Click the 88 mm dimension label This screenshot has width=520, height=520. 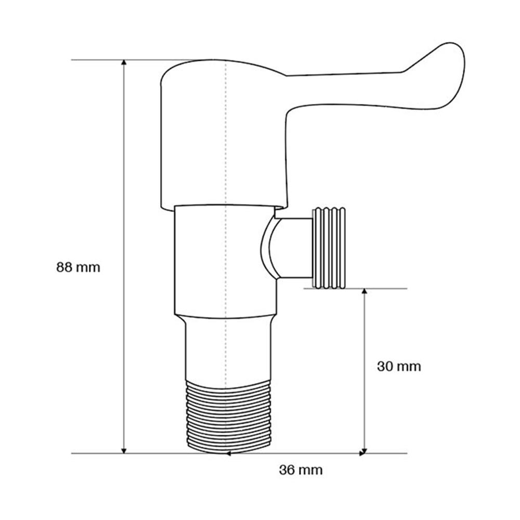point(78,267)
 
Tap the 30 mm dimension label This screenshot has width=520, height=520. point(399,367)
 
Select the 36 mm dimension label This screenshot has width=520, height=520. point(301,470)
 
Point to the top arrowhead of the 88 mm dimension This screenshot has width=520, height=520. point(124,63)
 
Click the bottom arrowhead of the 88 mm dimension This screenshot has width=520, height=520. point(124,450)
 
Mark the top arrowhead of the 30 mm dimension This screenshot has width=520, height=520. point(365,292)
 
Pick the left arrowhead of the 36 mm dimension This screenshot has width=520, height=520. point(228,453)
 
